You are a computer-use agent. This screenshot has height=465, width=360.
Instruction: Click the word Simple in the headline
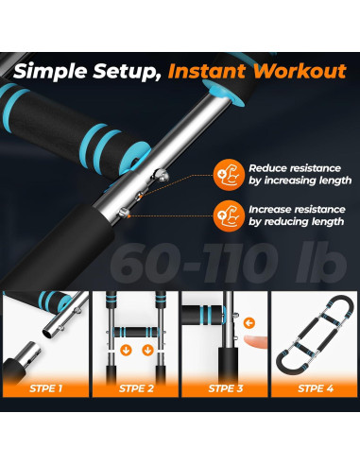click(50, 72)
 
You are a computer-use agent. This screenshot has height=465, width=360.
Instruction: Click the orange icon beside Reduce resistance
click(229, 175)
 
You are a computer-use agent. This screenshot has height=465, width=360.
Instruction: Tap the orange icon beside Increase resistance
click(229, 215)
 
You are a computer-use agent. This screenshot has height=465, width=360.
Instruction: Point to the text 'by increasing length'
click(300, 181)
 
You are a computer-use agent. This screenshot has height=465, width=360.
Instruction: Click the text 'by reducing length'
click(296, 221)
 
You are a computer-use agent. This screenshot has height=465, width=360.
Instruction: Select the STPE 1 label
click(46, 388)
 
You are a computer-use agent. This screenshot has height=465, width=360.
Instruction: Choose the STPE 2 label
click(136, 388)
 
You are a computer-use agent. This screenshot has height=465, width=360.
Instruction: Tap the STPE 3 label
click(226, 388)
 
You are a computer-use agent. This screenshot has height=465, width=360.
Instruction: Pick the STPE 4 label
click(316, 388)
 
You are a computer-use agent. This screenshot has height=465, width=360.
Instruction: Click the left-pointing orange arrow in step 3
click(249, 323)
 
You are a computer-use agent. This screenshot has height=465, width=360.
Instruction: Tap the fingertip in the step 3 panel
click(254, 342)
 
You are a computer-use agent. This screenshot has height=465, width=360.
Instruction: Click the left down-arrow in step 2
click(127, 350)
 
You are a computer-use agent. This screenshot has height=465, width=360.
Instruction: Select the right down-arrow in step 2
click(147, 350)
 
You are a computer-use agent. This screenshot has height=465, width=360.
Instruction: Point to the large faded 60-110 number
click(194, 263)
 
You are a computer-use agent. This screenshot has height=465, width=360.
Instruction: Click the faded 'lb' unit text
click(320, 262)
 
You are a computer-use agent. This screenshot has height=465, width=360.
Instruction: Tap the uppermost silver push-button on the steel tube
click(161, 175)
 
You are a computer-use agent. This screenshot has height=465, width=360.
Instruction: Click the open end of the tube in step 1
click(47, 334)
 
